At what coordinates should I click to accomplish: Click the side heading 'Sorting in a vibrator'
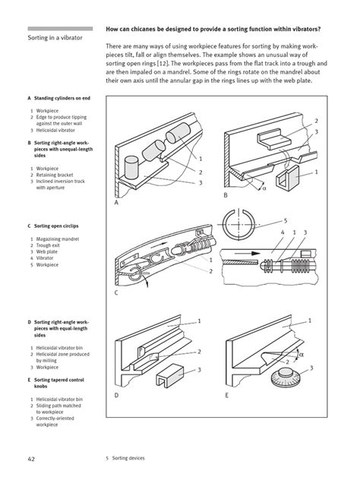(55, 36)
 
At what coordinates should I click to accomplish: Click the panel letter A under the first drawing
(116, 204)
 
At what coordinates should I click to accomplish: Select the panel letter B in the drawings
(226, 196)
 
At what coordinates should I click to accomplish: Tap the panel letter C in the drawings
(116, 292)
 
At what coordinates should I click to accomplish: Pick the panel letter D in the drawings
(116, 396)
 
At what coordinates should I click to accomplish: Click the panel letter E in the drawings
(226, 396)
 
